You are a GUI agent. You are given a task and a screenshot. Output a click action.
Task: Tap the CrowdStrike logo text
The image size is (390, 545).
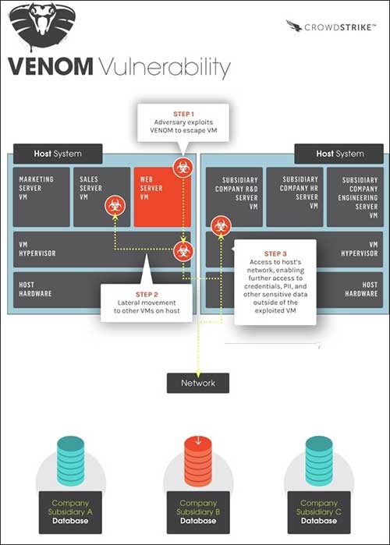coord(339,27)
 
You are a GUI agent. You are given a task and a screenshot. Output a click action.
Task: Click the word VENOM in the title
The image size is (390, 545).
coord(51,66)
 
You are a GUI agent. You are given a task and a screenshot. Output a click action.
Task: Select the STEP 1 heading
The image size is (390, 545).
coord(183,114)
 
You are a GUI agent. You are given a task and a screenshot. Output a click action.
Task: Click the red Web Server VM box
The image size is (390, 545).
coord(162,197)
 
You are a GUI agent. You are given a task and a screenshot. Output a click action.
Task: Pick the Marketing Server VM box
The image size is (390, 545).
coord(41,197)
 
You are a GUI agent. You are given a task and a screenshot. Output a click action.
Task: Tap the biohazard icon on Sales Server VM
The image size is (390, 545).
coord(115,206)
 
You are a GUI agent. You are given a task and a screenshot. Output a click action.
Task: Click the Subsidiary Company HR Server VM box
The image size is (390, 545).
coord(295,197)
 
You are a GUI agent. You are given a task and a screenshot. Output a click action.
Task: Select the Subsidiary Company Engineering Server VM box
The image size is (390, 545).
coord(355,197)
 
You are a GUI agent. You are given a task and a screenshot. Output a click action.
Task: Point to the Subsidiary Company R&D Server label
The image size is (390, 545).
coord(236,193)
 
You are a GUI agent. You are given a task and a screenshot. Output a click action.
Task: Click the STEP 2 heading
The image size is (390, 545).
coord(147,295)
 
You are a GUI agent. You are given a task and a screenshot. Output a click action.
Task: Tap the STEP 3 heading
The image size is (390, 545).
coord(275,253)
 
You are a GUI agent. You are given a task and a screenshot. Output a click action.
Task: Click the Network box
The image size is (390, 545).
coord(198,383)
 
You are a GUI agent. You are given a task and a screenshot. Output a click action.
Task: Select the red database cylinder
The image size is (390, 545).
coord(198,462)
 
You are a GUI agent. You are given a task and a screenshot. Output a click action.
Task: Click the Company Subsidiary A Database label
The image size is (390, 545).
coord(70,512)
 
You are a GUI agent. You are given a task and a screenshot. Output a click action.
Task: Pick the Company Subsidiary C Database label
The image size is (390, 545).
coord(319,512)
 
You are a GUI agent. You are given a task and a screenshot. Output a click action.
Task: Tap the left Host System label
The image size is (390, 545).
coord(58,154)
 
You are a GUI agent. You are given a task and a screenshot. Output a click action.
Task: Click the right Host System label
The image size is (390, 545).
coord(340,154)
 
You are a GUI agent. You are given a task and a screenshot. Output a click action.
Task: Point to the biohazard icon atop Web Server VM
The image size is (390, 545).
coord(183,168)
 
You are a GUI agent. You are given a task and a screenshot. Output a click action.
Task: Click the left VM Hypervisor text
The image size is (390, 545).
coord(37,249)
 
